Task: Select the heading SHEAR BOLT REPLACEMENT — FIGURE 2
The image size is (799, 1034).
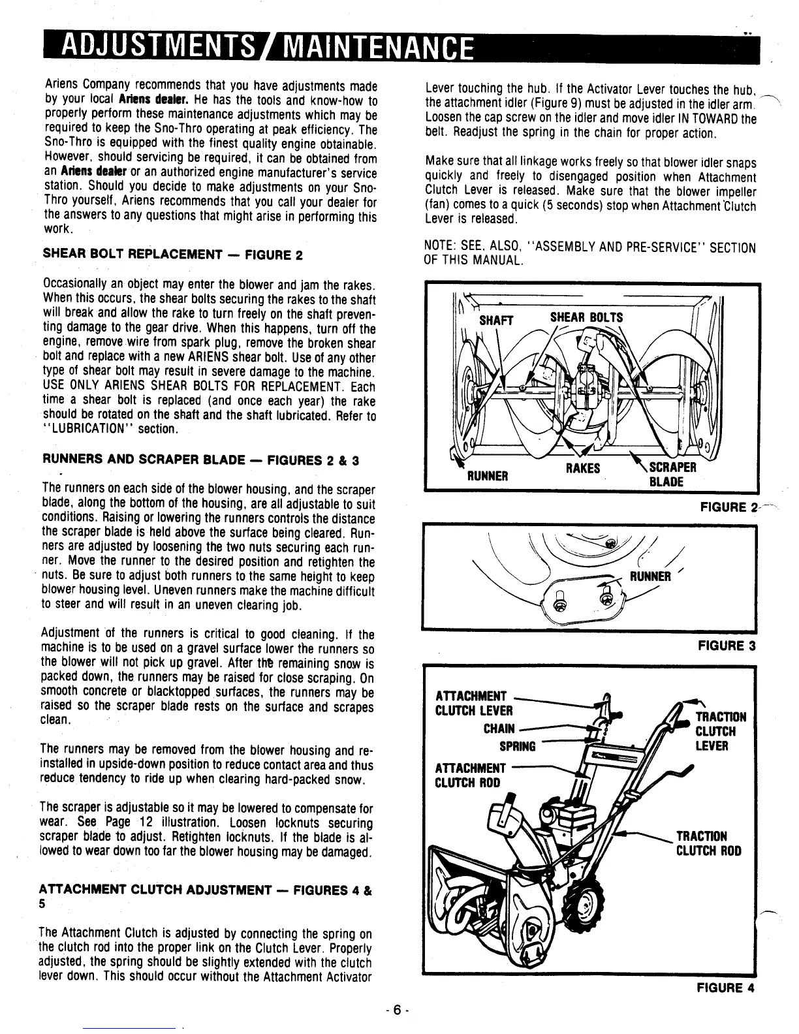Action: (172, 254)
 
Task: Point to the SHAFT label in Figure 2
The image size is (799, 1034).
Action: (496, 320)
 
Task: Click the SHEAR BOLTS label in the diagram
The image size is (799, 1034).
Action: (586, 317)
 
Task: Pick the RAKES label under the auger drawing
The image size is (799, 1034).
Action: (582, 468)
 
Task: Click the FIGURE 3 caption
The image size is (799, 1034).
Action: (726, 646)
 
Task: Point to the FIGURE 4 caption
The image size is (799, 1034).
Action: (725, 988)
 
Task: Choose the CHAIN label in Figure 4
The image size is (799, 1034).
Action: (499, 728)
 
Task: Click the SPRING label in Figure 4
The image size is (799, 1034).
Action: (517, 746)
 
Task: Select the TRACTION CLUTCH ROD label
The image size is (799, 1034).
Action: (708, 843)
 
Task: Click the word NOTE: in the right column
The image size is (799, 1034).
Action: (440, 248)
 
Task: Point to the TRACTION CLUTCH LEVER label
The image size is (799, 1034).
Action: (715, 731)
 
